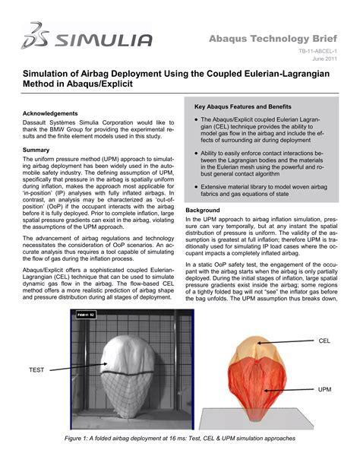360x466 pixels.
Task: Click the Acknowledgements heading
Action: click(x=53, y=113)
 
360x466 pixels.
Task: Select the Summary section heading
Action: click(x=36, y=150)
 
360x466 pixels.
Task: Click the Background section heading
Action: click(x=203, y=209)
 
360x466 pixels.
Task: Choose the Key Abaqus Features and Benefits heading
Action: click(x=248, y=107)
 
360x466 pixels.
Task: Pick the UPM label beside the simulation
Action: click(x=324, y=388)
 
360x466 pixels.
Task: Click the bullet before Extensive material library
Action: click(x=197, y=186)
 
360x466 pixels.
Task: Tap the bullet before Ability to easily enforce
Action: click(x=197, y=154)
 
